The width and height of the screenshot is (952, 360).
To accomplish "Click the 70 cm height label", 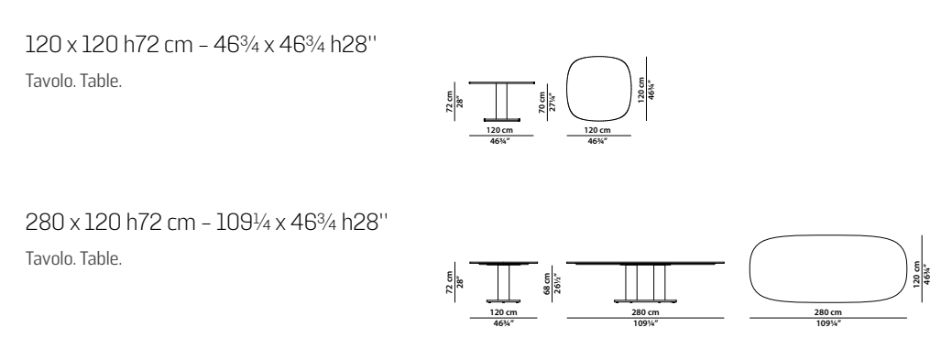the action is click(x=542, y=102).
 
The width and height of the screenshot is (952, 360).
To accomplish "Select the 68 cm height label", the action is click(x=547, y=283).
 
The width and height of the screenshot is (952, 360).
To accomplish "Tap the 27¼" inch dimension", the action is click(x=553, y=102).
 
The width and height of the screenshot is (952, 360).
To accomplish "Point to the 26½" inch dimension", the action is click(x=557, y=283).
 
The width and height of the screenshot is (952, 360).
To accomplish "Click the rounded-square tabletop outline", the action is click(x=567, y=89).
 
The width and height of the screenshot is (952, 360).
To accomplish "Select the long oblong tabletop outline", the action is click(x=750, y=268).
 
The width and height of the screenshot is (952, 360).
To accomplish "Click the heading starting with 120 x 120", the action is click(x=201, y=45).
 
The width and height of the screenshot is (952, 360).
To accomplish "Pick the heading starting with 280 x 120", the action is click(x=206, y=223).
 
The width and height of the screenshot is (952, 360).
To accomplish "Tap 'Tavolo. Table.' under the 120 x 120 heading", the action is click(x=73, y=81).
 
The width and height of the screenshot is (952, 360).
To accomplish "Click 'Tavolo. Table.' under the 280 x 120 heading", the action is click(x=73, y=258).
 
